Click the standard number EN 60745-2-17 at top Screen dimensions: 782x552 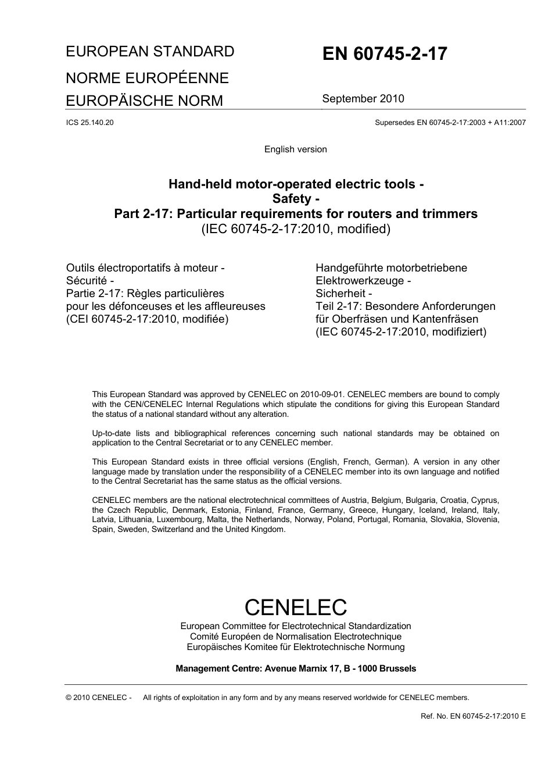pos(385,54)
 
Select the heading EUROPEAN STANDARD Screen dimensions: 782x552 pos(150,52)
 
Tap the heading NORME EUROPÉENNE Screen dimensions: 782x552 pos(147,78)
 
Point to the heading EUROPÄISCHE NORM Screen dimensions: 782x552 pos(144,101)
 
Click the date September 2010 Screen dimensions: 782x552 pos(363,98)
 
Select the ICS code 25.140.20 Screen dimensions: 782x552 pos(90,123)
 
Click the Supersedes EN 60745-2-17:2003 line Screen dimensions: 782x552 pos(450,123)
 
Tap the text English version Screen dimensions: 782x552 pos(295,149)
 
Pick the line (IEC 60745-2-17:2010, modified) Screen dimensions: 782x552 pos(296,229)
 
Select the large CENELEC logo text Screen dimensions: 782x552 pos(295,607)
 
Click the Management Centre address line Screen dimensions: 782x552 pos(296,669)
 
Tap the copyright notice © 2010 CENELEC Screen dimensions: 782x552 pos(99,698)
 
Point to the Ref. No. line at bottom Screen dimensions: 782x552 pos(473,716)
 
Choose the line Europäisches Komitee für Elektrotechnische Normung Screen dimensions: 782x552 pos(296,647)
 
